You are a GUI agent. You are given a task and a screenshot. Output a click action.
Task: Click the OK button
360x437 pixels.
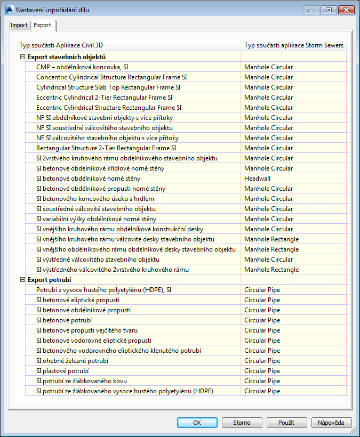click(x=197, y=423)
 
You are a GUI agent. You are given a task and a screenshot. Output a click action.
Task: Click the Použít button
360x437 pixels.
click(x=286, y=423)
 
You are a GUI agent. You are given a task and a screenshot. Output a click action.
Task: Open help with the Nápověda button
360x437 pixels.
click(x=331, y=423)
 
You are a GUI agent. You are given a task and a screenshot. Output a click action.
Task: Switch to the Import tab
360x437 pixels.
click(x=19, y=25)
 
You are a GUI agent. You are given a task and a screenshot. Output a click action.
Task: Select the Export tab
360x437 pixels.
click(x=43, y=25)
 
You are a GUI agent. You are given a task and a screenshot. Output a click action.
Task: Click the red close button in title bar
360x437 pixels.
click(x=346, y=10)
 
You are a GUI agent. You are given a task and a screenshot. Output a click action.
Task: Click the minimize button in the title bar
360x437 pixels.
click(x=311, y=10)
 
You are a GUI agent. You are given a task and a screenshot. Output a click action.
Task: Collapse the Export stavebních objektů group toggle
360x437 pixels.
click(x=22, y=57)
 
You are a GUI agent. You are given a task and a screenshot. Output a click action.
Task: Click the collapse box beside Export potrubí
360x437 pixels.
click(x=22, y=280)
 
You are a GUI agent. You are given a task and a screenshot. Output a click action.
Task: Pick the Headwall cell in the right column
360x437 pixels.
click(x=257, y=179)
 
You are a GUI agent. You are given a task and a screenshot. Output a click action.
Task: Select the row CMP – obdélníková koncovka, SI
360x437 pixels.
click(x=82, y=67)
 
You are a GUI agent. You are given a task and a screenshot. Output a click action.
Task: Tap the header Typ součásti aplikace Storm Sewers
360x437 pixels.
click(x=294, y=45)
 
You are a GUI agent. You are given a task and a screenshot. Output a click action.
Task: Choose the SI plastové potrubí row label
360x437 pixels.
click(x=62, y=371)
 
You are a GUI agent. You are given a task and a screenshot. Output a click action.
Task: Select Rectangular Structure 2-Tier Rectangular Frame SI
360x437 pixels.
click(x=106, y=148)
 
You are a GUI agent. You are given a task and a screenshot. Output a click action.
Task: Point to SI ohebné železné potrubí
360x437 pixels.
click(x=72, y=361)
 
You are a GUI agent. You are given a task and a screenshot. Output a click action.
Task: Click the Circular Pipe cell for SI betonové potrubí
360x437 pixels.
click(x=262, y=320)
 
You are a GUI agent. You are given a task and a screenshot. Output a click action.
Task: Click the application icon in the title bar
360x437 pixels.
click(x=9, y=10)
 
